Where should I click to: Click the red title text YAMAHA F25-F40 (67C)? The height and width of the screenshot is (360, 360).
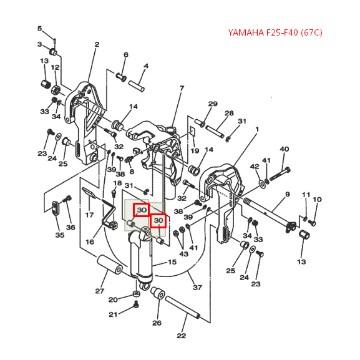click(x=275, y=32)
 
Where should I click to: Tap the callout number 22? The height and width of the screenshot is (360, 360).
click(x=181, y=336)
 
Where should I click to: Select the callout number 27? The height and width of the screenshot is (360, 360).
click(x=100, y=291)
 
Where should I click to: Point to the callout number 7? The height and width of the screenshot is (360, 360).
click(x=182, y=88)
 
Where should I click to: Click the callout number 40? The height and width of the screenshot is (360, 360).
click(x=285, y=149)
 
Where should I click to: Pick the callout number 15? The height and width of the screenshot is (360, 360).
click(x=172, y=262)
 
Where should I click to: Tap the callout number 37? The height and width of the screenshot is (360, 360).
click(x=197, y=287)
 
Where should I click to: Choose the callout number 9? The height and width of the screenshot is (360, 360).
click(x=288, y=194)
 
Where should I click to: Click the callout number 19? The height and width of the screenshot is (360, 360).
click(x=195, y=150)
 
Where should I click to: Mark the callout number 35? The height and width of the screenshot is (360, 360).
click(x=60, y=235)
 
